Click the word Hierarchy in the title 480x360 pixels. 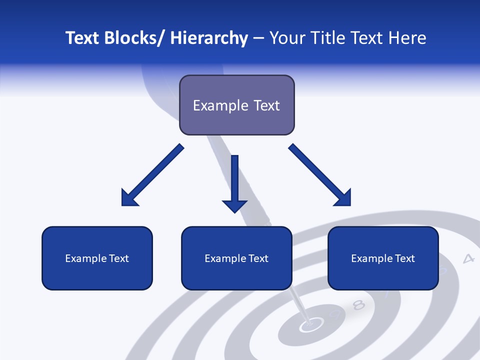coord(209,38)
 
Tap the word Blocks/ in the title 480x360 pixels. coord(135,38)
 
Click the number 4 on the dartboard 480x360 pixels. coord(468,258)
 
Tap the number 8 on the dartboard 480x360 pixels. coord(358,305)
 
